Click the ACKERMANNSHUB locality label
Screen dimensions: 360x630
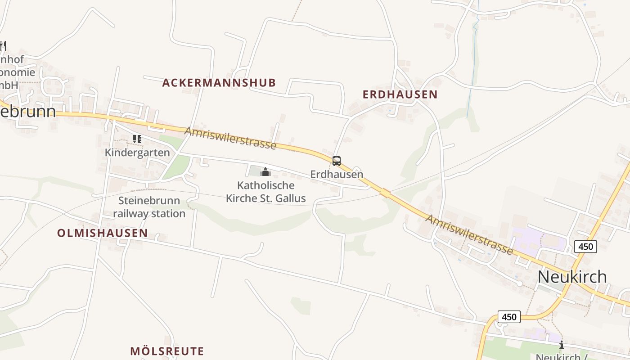(x=219, y=83)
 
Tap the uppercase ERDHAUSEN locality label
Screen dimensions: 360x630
(x=400, y=94)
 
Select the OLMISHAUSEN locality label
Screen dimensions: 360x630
(x=102, y=233)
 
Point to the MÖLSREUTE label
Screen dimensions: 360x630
(x=167, y=351)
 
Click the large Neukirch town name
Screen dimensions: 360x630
(x=572, y=276)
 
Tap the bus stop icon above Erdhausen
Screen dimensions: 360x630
(x=336, y=161)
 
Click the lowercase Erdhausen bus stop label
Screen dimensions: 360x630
(x=337, y=174)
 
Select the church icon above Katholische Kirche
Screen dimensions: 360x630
(x=265, y=171)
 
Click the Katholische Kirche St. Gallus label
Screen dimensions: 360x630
(x=265, y=192)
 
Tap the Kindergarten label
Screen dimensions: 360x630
(x=137, y=153)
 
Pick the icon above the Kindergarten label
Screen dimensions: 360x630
(x=137, y=139)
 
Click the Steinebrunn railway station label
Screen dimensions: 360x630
(x=149, y=207)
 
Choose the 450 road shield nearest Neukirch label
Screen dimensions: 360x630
(x=585, y=246)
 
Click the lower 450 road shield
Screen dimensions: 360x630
(x=509, y=317)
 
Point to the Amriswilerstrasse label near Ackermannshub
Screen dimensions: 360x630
(x=230, y=138)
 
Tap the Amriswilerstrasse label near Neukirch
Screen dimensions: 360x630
(x=469, y=234)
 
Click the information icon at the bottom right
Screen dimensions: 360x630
(x=561, y=345)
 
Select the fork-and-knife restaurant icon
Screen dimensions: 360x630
(x=2, y=45)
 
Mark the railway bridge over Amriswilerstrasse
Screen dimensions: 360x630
(x=385, y=193)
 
